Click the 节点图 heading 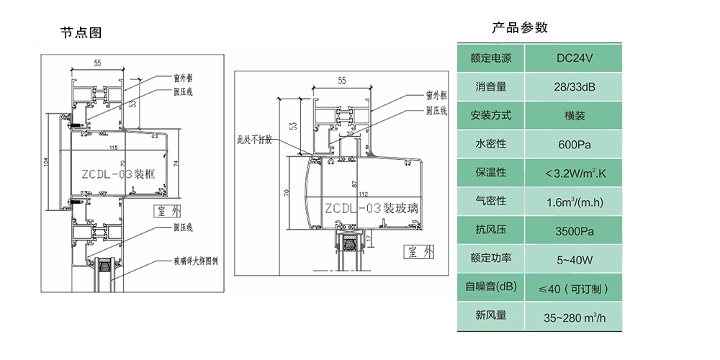coord(81,32)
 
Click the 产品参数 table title coord(520,28)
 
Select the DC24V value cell coord(574,58)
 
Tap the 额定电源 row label coord(490,58)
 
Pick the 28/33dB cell coord(574,87)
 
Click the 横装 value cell coord(574,116)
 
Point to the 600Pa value coord(574,145)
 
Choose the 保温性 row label coord(490,173)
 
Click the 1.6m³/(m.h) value coord(574,202)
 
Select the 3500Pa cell coord(574,230)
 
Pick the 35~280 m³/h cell coord(574,316)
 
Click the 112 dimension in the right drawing coord(361,193)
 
